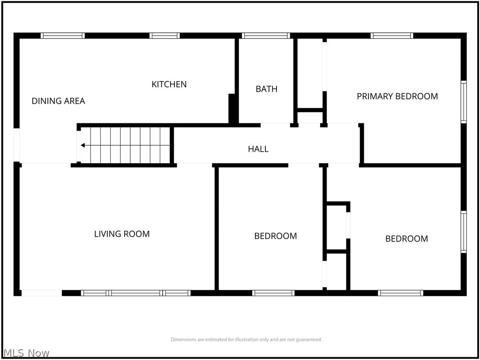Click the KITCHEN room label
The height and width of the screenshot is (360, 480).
(169, 84)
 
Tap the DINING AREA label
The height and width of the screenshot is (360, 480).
(58, 101)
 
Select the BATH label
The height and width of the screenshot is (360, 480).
(266, 89)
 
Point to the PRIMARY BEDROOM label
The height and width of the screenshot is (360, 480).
(397, 96)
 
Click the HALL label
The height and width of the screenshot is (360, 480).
(258, 149)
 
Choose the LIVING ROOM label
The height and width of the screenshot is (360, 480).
(122, 234)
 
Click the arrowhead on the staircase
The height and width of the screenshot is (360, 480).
(83, 145)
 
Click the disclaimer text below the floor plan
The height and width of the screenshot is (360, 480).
(246, 339)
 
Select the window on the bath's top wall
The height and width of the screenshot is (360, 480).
(266, 35)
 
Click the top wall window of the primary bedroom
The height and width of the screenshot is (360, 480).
(392, 35)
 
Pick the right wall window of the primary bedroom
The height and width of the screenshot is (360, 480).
(464, 102)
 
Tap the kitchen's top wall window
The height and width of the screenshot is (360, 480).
(165, 35)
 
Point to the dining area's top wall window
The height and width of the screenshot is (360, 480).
(63, 35)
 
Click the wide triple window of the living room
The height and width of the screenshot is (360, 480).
(135, 293)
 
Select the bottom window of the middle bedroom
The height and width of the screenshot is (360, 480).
(273, 293)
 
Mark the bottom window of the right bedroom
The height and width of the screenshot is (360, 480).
(401, 293)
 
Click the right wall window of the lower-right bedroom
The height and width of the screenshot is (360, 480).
(464, 232)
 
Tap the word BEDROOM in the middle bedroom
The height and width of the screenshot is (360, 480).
(275, 236)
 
